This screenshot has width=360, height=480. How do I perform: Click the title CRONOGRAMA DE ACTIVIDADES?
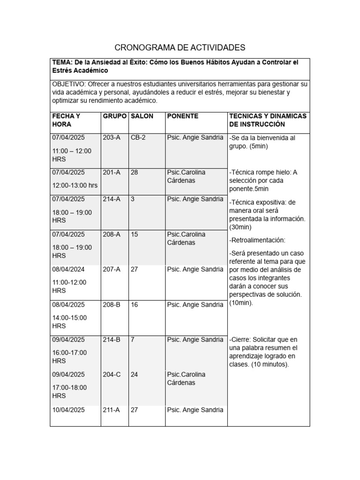click(180, 47)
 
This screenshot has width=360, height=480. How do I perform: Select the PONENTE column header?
click(182, 116)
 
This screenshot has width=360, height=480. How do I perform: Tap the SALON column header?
click(142, 116)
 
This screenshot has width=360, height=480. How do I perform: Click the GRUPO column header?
click(114, 116)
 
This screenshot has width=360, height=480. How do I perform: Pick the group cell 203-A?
click(112, 137)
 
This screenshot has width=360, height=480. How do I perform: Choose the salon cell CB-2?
click(138, 137)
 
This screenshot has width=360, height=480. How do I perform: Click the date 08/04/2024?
click(68, 270)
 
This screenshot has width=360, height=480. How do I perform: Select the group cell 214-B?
click(112, 339)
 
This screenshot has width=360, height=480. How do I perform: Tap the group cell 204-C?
click(112, 375)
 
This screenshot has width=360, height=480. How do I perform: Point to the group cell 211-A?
click(112, 410)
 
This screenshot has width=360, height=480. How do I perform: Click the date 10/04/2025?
click(68, 410)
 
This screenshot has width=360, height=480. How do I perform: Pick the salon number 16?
click(134, 305)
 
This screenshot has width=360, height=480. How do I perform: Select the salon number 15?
click(134, 234)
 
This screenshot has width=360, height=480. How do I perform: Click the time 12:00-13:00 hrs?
click(75, 185)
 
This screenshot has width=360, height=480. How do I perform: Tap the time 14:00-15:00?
click(69, 317)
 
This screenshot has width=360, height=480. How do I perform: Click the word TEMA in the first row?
click(61, 62)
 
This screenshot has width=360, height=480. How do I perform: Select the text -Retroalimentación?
click(257, 240)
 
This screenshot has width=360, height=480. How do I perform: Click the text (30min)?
click(240, 227)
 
